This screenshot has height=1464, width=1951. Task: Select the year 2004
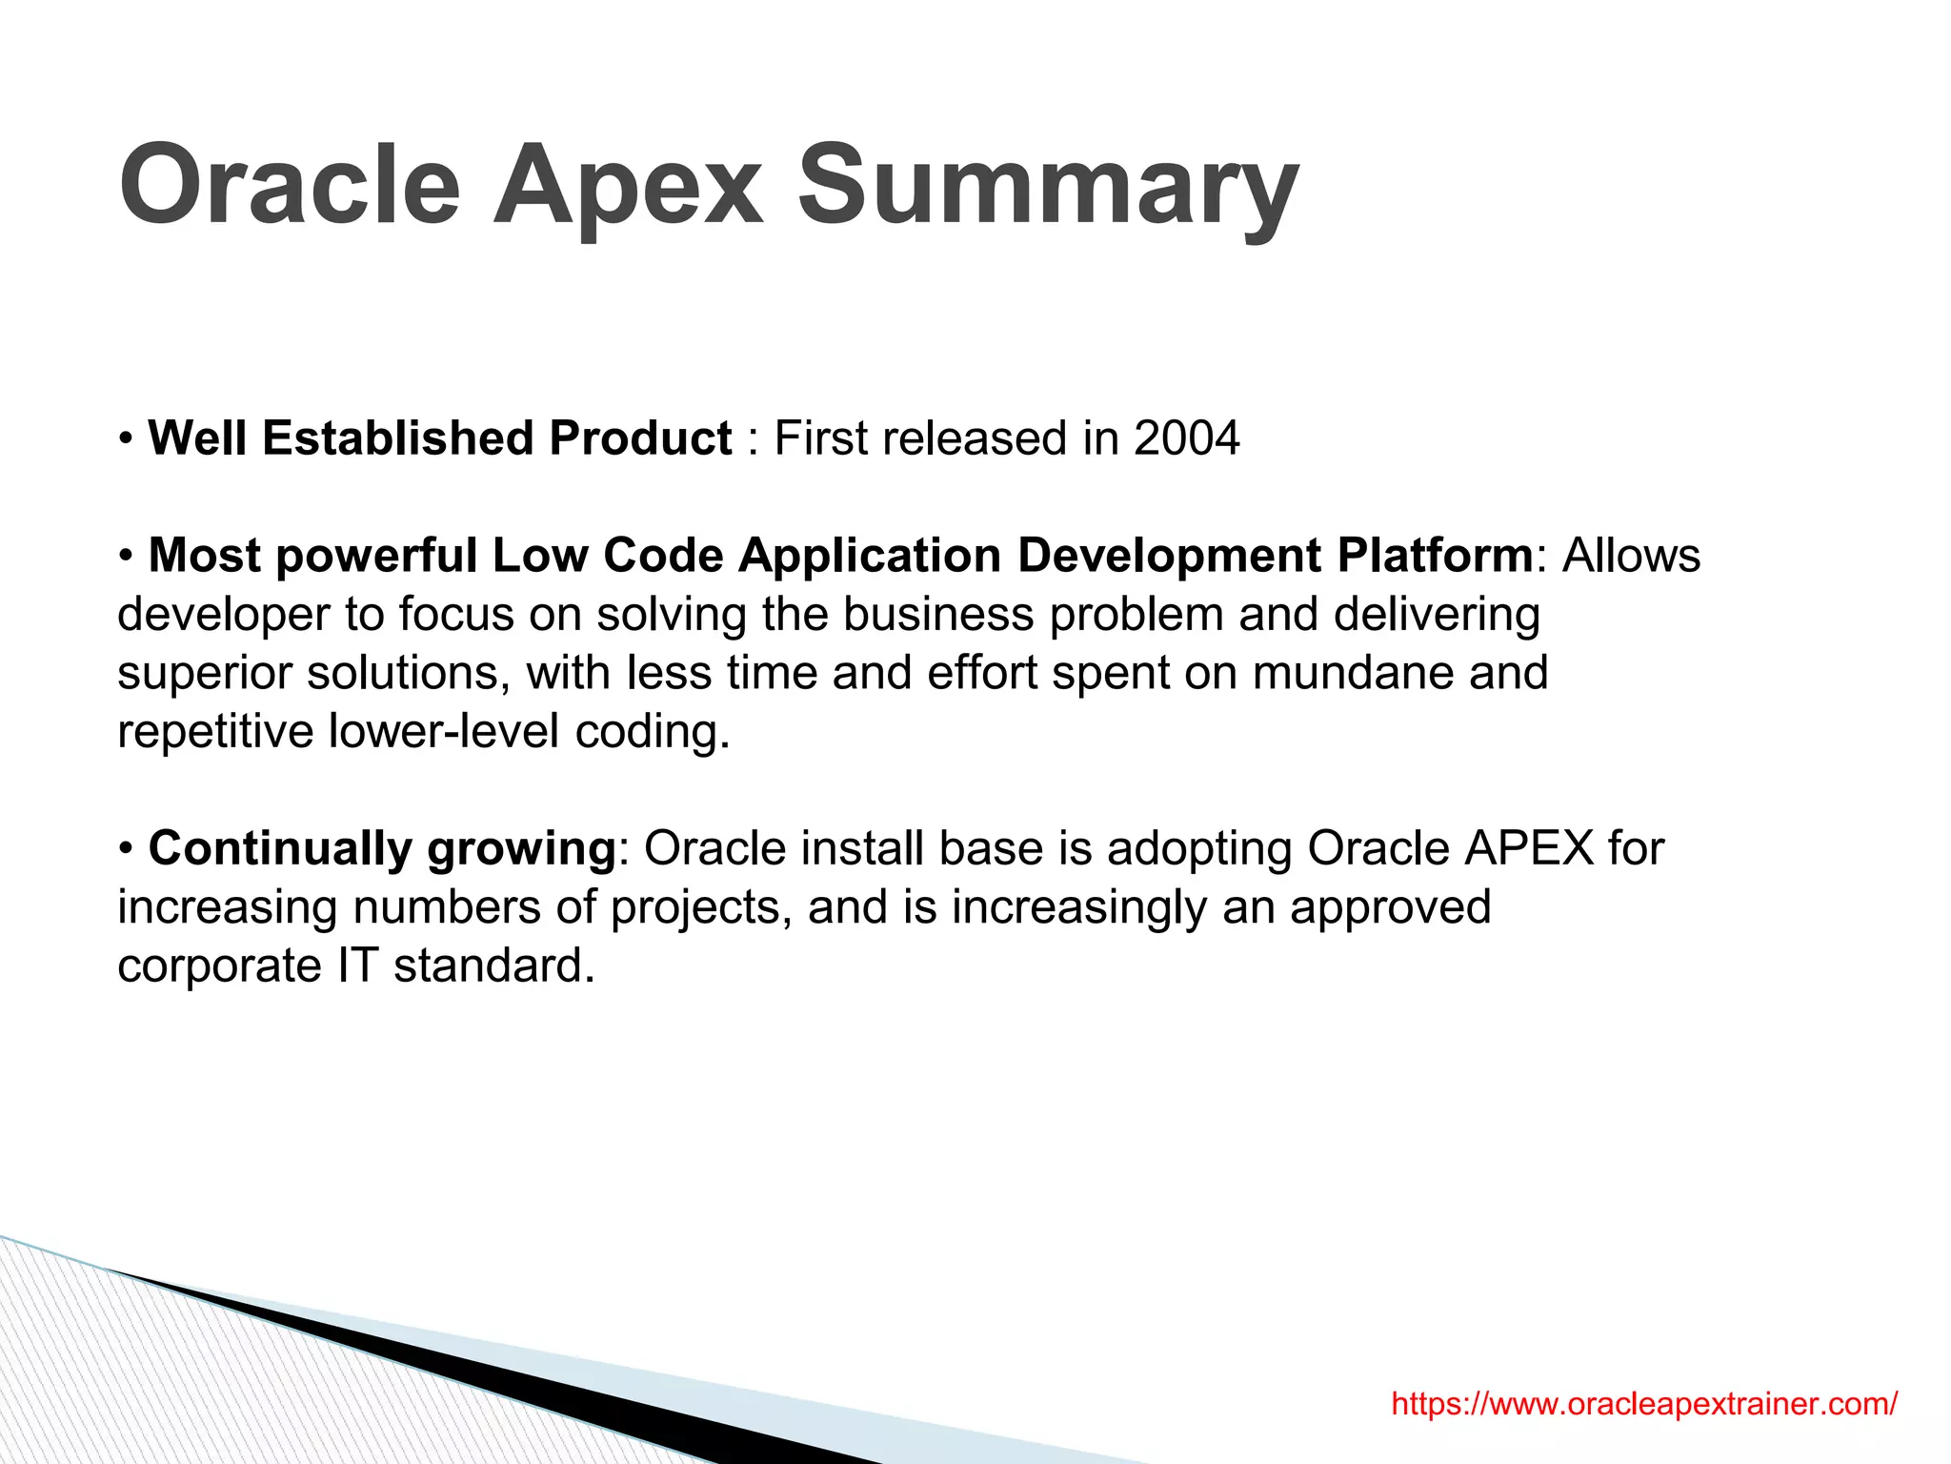pos(1186,439)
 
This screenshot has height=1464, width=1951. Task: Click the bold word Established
pos(397,439)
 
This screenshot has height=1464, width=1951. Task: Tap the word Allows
pos(1631,556)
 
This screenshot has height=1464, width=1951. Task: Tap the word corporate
pos(219,966)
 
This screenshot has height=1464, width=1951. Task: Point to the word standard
pos(493,966)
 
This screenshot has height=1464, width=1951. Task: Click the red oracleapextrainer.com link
pos(1644,1404)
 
